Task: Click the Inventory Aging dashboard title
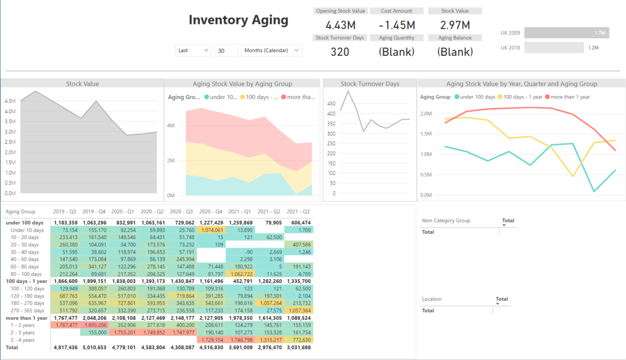pyautogui.click(x=239, y=20)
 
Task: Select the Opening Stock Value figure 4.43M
pyautogui.click(x=341, y=25)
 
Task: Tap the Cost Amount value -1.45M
pyautogui.click(x=397, y=25)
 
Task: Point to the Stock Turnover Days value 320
pyautogui.click(x=340, y=52)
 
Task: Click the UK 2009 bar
pyautogui.click(x=567, y=33)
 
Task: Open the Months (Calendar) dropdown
pyautogui.click(x=271, y=50)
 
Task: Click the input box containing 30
pyautogui.click(x=226, y=50)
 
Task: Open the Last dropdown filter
pyautogui.click(x=193, y=50)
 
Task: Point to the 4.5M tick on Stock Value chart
pyautogui.click(x=10, y=101)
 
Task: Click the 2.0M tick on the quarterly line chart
pyautogui.click(x=426, y=114)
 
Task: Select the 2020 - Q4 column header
pyautogui.click(x=211, y=212)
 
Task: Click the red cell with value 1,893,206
pyautogui.click(x=94, y=325)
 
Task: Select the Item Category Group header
pyautogui.click(x=446, y=220)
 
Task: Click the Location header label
pyautogui.click(x=432, y=299)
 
